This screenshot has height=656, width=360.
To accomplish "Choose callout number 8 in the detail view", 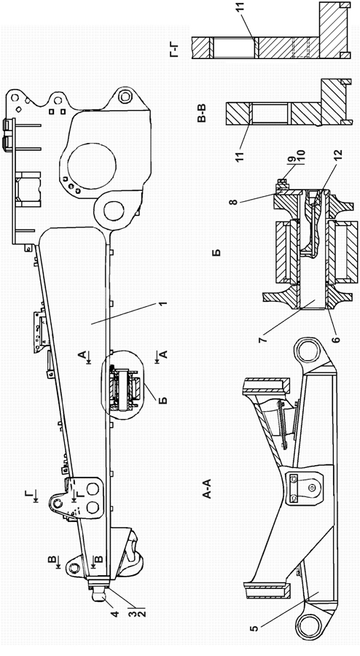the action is [x=233, y=201].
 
